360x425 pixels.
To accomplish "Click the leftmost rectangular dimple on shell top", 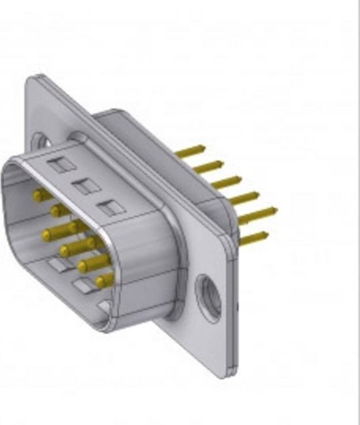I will pos(60,165).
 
